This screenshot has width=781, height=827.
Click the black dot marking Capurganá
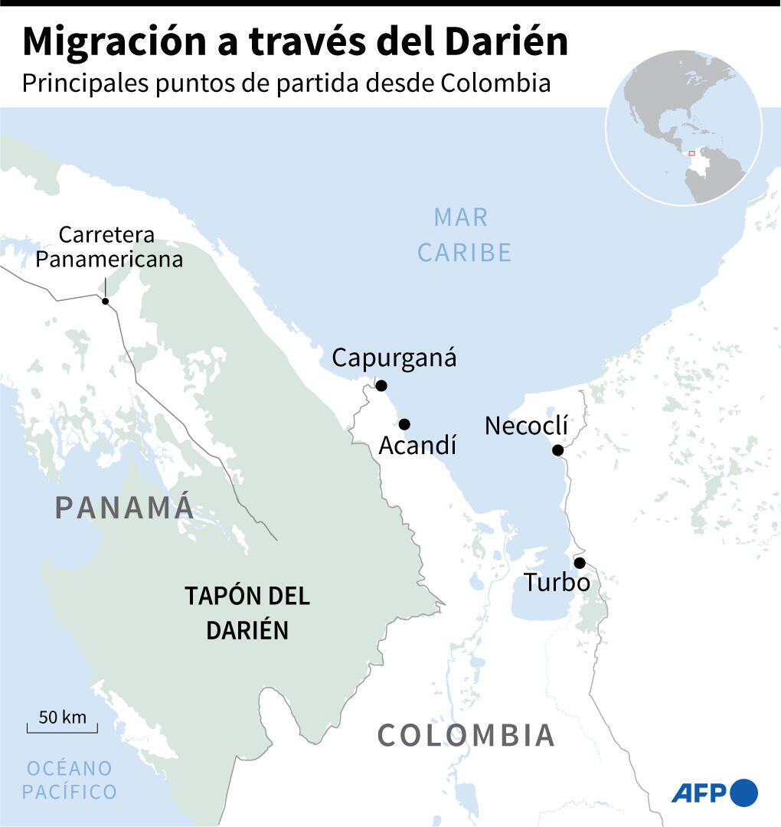pyautogui.click(x=381, y=385)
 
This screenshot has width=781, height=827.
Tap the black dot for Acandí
pyautogui.click(x=404, y=424)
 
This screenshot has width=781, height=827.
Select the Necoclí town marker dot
pyautogui.click(x=558, y=450)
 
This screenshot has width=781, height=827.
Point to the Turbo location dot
pyautogui.click(x=580, y=563)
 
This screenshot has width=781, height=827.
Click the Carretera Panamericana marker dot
pyautogui.click(x=106, y=302)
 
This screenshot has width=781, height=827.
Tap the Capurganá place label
pyautogui.click(x=394, y=358)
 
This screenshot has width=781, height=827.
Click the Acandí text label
pyautogui.click(x=417, y=445)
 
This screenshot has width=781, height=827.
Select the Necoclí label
pyautogui.click(x=527, y=426)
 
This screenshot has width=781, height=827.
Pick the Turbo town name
pyautogui.click(x=557, y=583)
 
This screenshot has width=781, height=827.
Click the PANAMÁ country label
pyautogui.click(x=125, y=507)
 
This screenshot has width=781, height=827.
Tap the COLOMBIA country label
pyautogui.click(x=466, y=735)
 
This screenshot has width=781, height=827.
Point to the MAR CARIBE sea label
pyautogui.click(x=463, y=234)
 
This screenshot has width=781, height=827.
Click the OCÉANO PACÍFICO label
pyautogui.click(x=69, y=779)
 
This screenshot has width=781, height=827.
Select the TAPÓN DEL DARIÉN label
pyautogui.click(x=247, y=613)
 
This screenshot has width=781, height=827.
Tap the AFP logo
pyautogui.click(x=714, y=793)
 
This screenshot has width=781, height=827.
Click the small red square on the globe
pyautogui.click(x=691, y=153)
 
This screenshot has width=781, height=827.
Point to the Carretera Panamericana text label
pyautogui.click(x=109, y=247)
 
